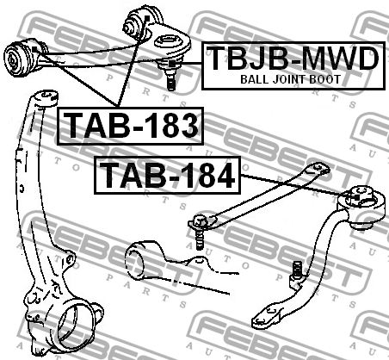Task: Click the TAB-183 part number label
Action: pyautogui.click(x=131, y=126)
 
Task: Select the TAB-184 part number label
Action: pyautogui.click(x=167, y=176)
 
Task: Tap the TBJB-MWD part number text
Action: pyautogui.click(x=293, y=59)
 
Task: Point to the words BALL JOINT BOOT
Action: pyautogui.click(x=290, y=79)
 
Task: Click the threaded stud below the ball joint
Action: pyautogui.click(x=171, y=80)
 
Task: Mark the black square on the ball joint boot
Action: pyautogui.click(x=172, y=64)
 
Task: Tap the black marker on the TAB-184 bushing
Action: pyautogui.click(x=356, y=197)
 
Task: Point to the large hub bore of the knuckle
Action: pyautogui.click(x=76, y=325)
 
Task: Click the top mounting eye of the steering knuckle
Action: pyautogui.click(x=46, y=97)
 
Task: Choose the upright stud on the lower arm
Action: pyautogui.click(x=297, y=271)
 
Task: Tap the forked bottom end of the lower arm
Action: pyautogui.click(x=265, y=316)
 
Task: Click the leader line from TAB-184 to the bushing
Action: pyautogui.click(x=297, y=186)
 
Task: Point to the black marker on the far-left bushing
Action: pyautogui.click(x=34, y=49)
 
